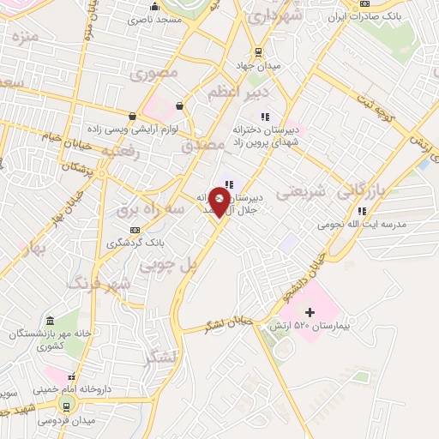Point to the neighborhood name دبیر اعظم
coord(239,91)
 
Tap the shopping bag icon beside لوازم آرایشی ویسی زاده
coord(132,116)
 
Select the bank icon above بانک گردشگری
coord(135,229)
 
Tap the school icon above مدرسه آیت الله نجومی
coord(363,210)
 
